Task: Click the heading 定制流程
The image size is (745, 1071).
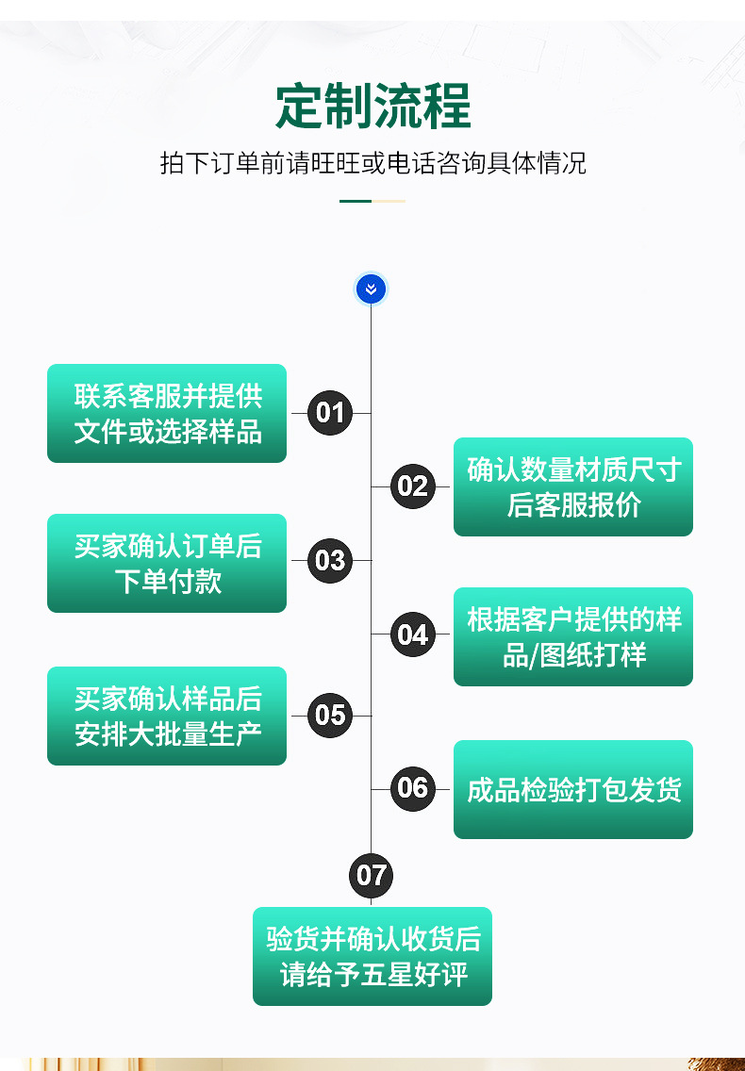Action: [x=372, y=106]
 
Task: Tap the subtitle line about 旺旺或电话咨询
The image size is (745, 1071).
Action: [x=372, y=163]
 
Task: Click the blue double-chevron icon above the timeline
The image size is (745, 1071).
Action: [x=371, y=289]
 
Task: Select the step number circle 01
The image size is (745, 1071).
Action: [x=330, y=413]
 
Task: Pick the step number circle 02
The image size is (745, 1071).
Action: [x=412, y=486]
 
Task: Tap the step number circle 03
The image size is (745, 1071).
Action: [x=330, y=561]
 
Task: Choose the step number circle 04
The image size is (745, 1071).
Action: [x=412, y=635]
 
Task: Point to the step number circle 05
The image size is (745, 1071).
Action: [x=330, y=715]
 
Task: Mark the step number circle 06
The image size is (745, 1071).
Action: [x=412, y=788]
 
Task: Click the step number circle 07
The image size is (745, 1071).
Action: [x=371, y=876]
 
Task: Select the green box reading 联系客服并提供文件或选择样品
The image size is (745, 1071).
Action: [x=167, y=414]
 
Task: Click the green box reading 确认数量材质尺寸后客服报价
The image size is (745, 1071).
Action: [x=573, y=487]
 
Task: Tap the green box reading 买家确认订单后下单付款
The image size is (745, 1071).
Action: [x=167, y=564]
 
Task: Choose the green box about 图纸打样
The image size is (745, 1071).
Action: [x=573, y=637]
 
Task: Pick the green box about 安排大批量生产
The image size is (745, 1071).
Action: [x=167, y=717]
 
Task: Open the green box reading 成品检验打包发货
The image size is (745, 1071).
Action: [x=573, y=790]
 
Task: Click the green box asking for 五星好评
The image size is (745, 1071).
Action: [x=372, y=957]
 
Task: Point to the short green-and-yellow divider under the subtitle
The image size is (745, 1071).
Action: [x=372, y=201]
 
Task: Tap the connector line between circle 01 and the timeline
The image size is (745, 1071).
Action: [x=361, y=413]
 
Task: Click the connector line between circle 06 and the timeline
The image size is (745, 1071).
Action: [x=381, y=789]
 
